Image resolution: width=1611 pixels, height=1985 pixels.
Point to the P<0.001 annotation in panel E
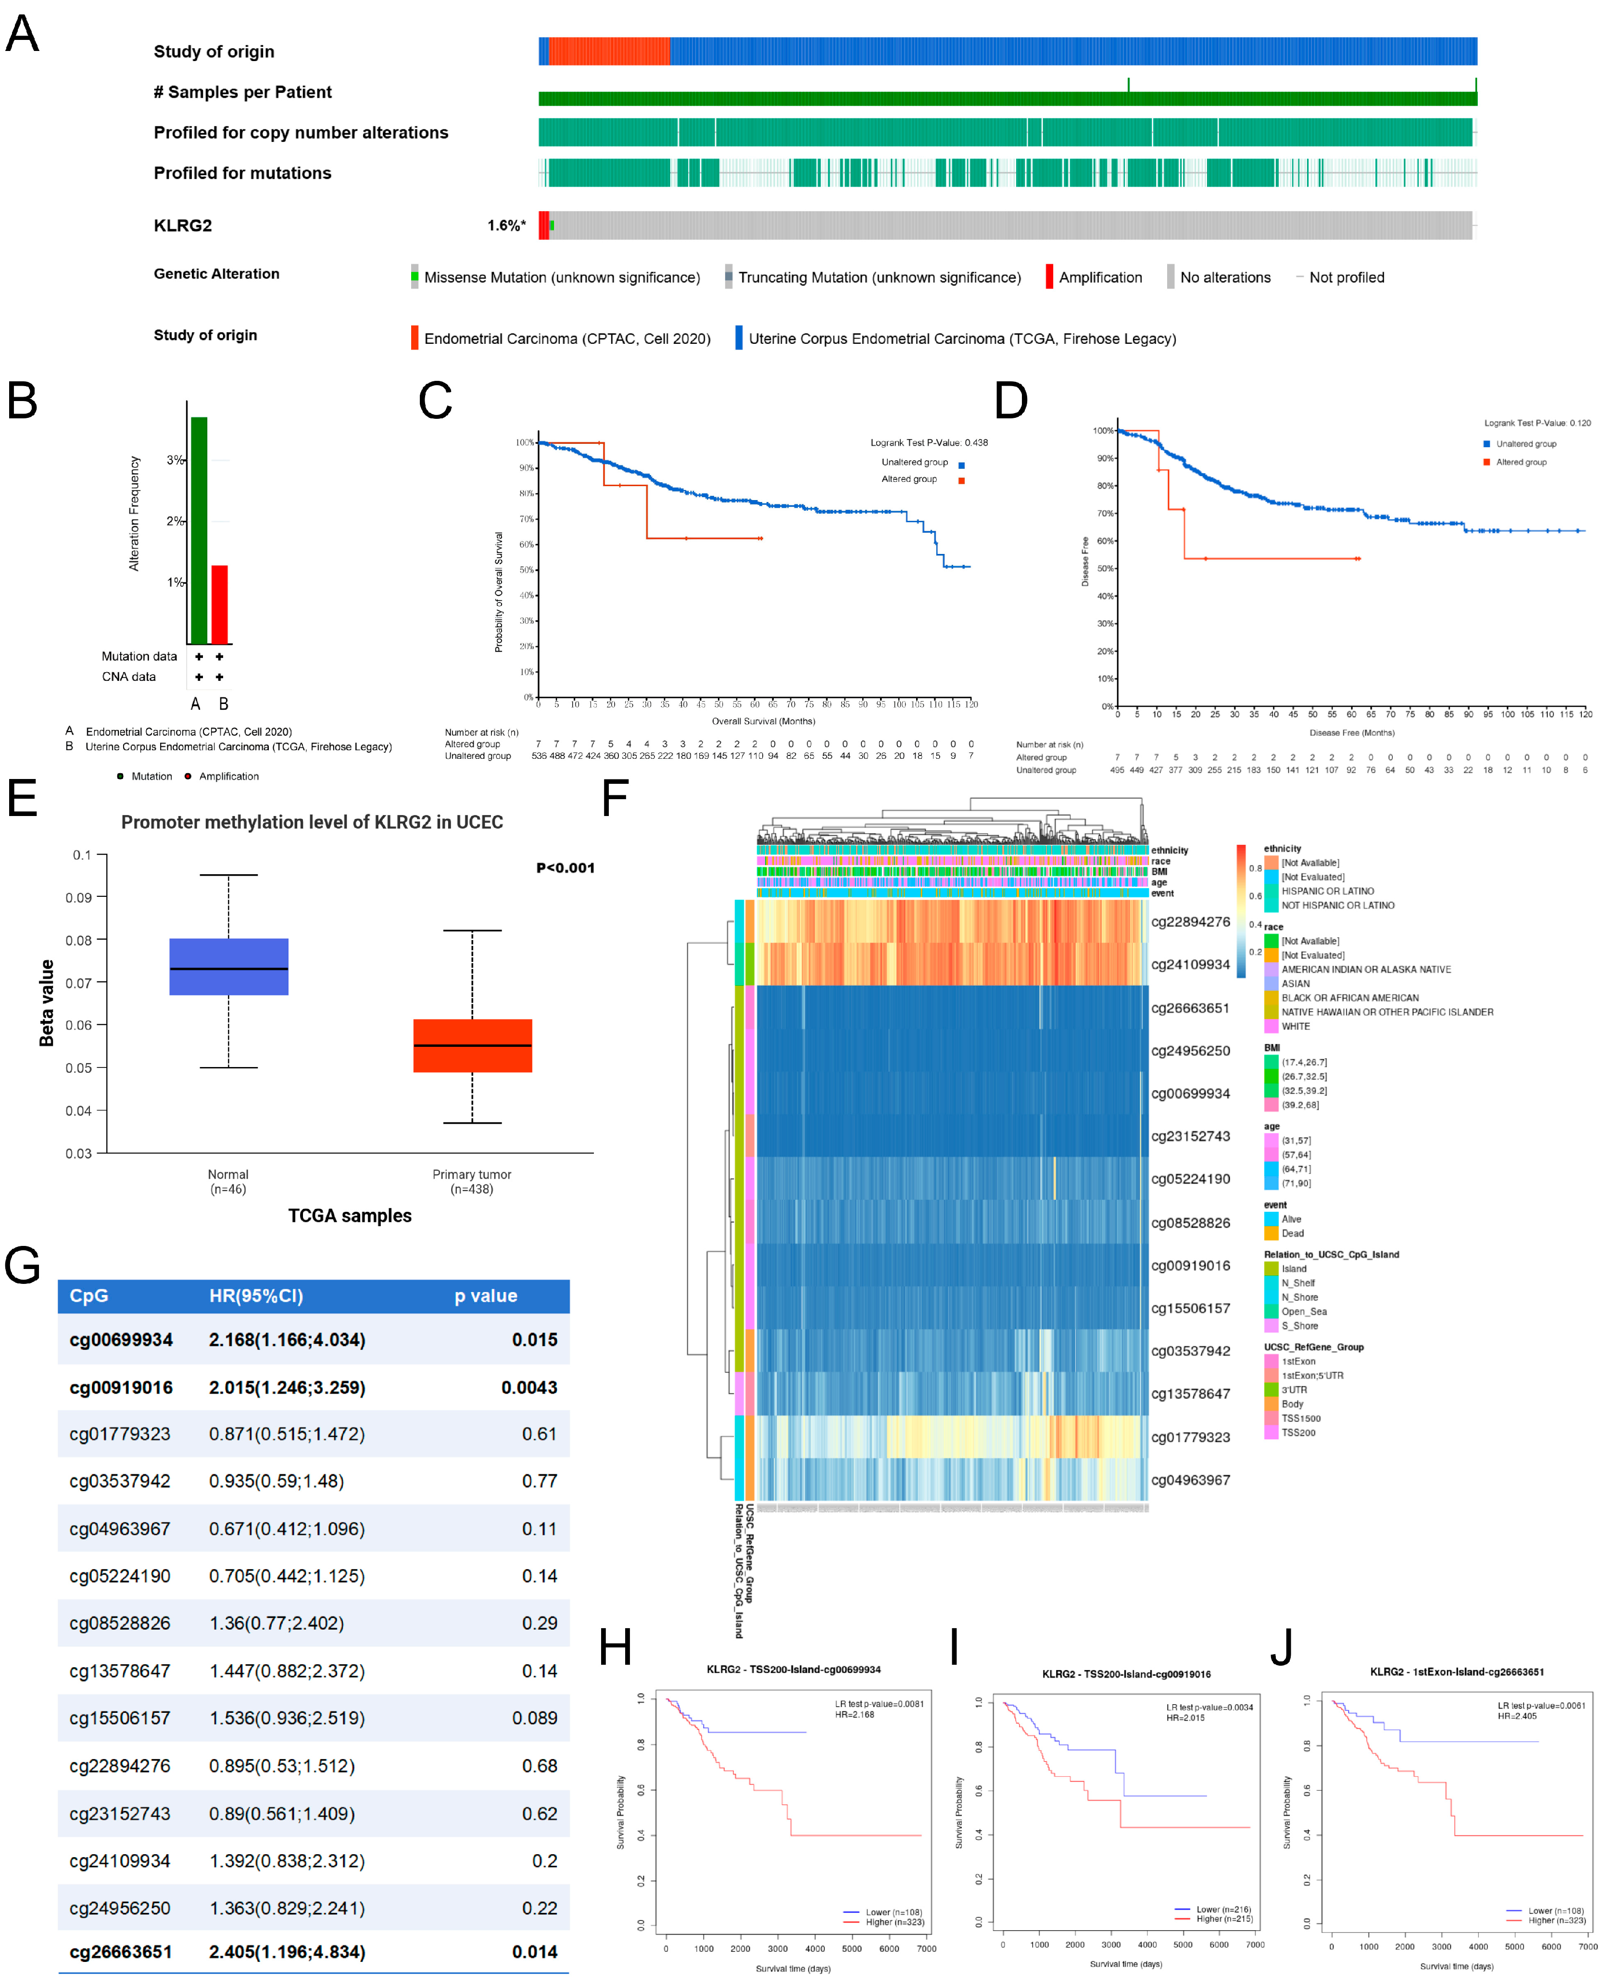[x=565, y=867]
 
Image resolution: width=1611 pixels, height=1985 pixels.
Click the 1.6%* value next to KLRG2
[x=506, y=226]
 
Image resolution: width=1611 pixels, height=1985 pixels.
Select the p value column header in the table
[x=485, y=1295]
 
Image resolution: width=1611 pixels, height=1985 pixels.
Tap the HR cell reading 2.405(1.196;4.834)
[x=287, y=1952]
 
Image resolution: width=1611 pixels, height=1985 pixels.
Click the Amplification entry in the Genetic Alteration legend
[x=1100, y=277]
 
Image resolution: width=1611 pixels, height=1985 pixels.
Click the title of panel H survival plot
[x=793, y=1670]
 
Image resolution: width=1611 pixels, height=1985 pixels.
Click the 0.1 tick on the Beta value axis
[x=83, y=854]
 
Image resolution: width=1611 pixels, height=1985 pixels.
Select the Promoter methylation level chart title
[x=312, y=822]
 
